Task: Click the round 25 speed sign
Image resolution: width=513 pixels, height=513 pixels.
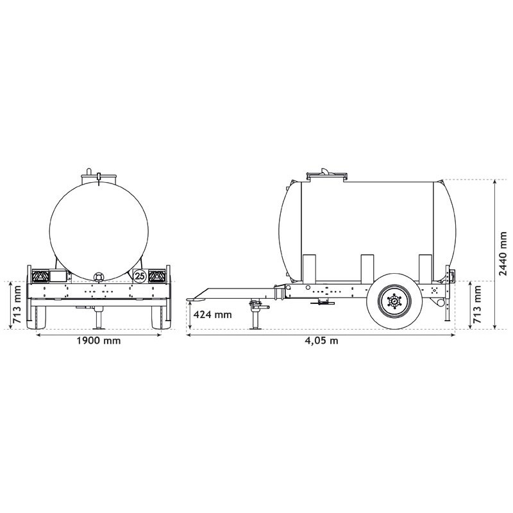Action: tap(139, 276)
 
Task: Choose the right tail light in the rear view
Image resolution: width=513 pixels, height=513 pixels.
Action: tap(156, 276)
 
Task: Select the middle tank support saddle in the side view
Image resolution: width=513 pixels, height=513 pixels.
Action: tap(367, 268)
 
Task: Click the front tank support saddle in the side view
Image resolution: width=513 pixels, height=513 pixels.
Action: tap(308, 268)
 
